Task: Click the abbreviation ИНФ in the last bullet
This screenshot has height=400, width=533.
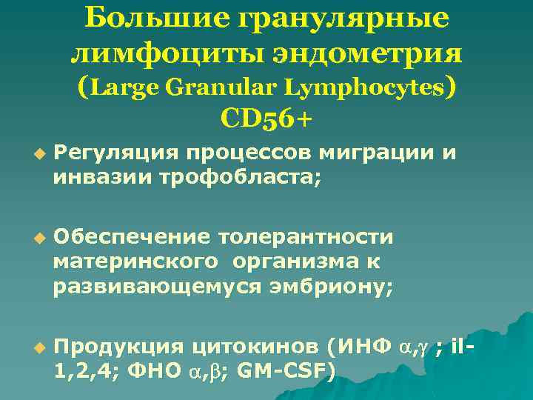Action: (x=364, y=346)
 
